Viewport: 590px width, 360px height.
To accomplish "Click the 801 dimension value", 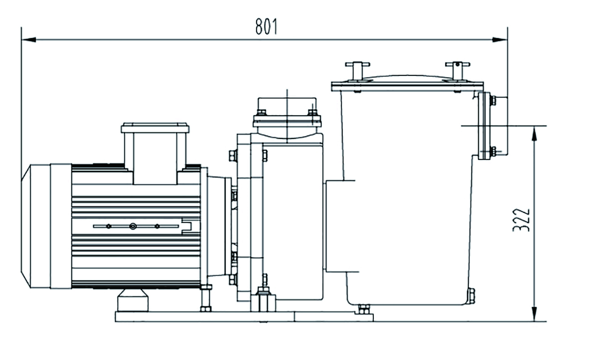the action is click(x=266, y=26).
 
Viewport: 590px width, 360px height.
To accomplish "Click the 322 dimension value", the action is click(x=521, y=220).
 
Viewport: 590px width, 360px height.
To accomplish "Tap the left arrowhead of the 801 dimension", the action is click(x=29, y=40).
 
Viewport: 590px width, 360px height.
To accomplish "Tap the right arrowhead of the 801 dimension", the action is click(x=500, y=40).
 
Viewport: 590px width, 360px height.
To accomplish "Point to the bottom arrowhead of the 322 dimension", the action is click(x=534, y=314).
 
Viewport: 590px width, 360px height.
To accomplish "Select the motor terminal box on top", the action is click(x=155, y=153).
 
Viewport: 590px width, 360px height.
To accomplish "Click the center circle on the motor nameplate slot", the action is click(x=133, y=226).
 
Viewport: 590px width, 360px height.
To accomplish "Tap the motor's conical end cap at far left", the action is click(x=26, y=226).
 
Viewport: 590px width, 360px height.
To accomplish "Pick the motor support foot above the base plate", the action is click(x=133, y=300).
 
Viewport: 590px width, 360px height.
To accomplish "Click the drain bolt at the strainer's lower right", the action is click(x=471, y=296).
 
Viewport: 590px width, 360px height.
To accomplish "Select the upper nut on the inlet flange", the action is click(x=493, y=101).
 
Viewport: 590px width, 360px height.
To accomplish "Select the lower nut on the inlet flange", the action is click(x=493, y=152).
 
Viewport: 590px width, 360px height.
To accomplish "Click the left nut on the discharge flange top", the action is click(x=261, y=113).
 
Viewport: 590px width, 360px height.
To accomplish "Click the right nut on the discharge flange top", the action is click(x=313, y=113).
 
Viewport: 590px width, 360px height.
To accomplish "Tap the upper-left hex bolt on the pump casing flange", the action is click(x=233, y=156).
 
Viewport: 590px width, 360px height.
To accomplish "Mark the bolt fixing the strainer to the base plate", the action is click(x=364, y=309).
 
